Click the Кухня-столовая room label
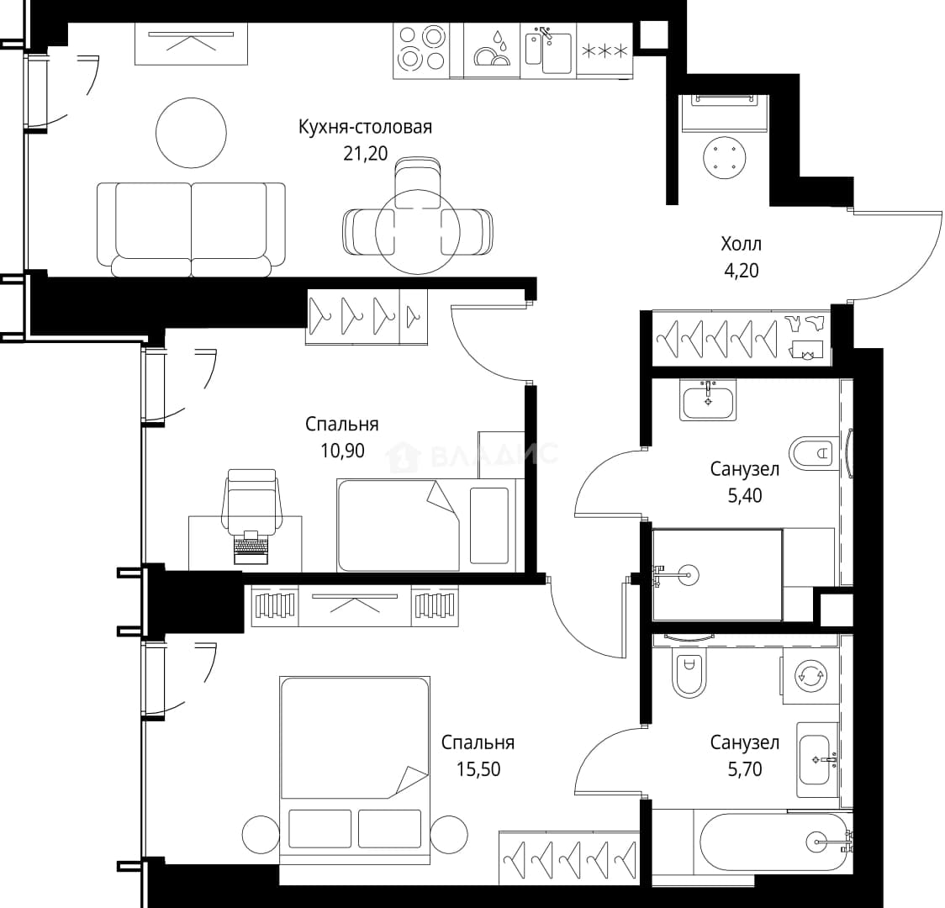tap(365, 128)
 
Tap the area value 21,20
tap(365, 154)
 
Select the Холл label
tap(742, 244)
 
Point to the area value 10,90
tap(342, 451)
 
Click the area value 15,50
tap(478, 769)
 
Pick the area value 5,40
tap(745, 495)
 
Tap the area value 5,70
tap(745, 769)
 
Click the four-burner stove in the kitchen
tap(421, 50)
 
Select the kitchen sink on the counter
tap(548, 50)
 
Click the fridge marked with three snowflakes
tap(604, 50)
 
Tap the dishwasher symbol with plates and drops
tap(492, 50)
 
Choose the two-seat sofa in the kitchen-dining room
tap(191, 230)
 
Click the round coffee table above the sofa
tap(191, 133)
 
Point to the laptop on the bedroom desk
tap(251, 547)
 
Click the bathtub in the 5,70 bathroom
tap(773, 842)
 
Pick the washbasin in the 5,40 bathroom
tap(708, 399)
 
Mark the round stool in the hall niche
tap(725, 158)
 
